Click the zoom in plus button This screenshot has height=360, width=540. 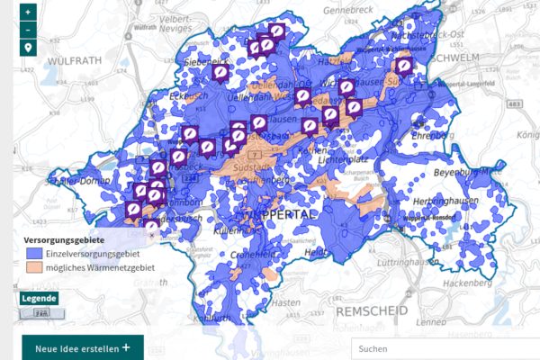(29, 13)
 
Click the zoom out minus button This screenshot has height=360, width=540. (29, 30)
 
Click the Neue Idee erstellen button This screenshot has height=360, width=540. (82, 348)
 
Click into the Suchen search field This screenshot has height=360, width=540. (441, 348)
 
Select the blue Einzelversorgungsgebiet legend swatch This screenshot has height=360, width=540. (34, 255)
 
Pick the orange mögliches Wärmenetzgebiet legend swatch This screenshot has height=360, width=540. (34, 267)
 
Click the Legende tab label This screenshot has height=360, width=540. (39, 299)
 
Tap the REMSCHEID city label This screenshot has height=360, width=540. (371, 310)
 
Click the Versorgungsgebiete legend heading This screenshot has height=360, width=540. (64, 240)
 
